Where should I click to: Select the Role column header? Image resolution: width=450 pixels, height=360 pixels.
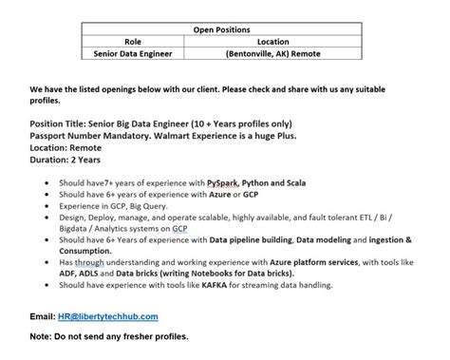[x=132, y=42]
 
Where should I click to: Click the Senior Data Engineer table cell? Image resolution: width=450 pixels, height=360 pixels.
[x=132, y=54]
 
